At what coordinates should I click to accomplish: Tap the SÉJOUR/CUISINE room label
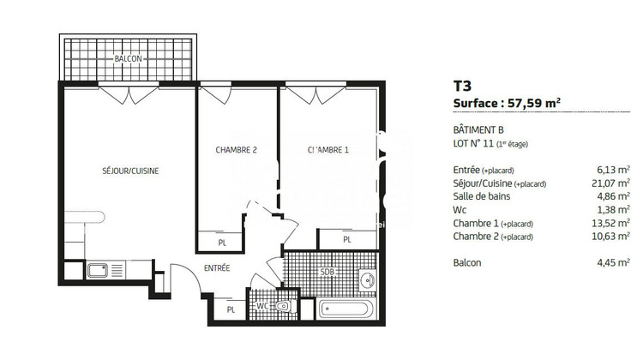[x=130, y=171]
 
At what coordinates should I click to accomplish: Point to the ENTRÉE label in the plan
[x=216, y=268]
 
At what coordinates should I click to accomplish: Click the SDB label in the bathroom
[x=327, y=273]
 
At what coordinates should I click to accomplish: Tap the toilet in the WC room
[x=284, y=305]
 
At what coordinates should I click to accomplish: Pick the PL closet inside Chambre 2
[x=221, y=243]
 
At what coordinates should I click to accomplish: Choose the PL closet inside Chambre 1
[x=347, y=240]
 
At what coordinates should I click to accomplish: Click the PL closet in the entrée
[x=231, y=309]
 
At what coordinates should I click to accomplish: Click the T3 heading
[x=461, y=85]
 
